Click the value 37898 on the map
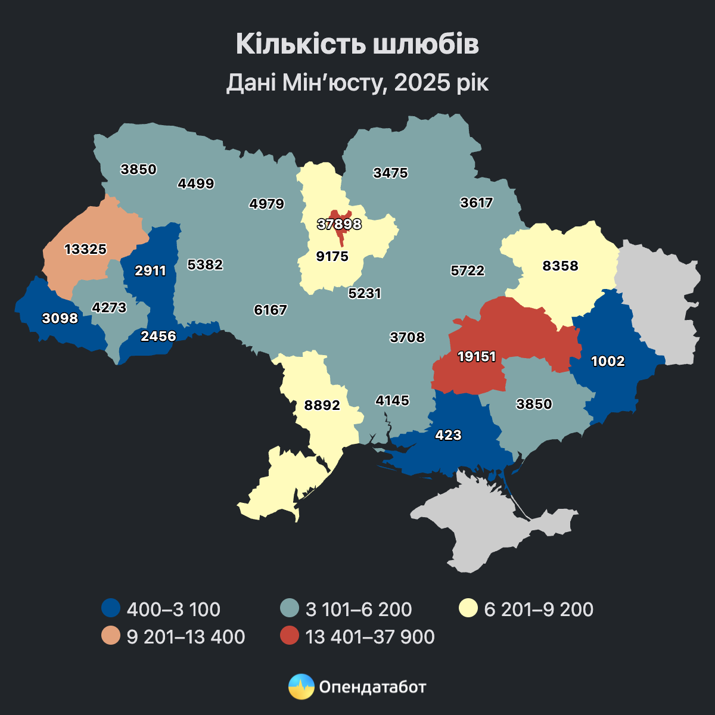point(339,224)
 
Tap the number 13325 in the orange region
point(85,249)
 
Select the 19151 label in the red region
point(477,356)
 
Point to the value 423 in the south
point(448,435)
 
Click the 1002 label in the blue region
point(608,360)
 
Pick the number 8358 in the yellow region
point(560,266)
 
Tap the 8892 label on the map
point(322,405)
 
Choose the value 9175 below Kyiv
point(332,256)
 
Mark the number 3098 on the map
point(60,318)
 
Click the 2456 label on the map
point(158,336)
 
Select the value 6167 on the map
point(271,310)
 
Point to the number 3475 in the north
point(390,173)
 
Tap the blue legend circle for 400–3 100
point(110,609)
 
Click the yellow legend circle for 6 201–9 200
point(468,609)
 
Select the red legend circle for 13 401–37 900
point(289,636)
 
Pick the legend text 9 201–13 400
point(186,636)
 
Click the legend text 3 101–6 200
point(359,609)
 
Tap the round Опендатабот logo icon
point(301,686)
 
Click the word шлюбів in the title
point(426,44)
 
